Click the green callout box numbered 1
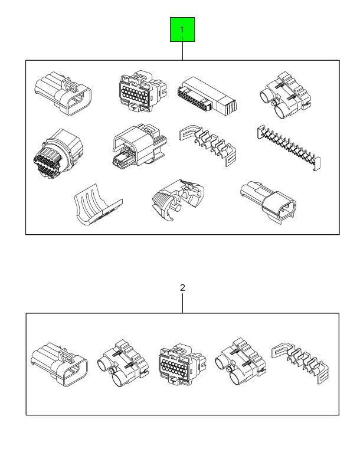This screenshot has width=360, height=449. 182,30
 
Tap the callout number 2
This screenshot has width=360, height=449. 182,287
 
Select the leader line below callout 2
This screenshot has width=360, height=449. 182,303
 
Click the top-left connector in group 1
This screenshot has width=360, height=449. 63,91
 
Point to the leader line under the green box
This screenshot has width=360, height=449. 182,51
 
